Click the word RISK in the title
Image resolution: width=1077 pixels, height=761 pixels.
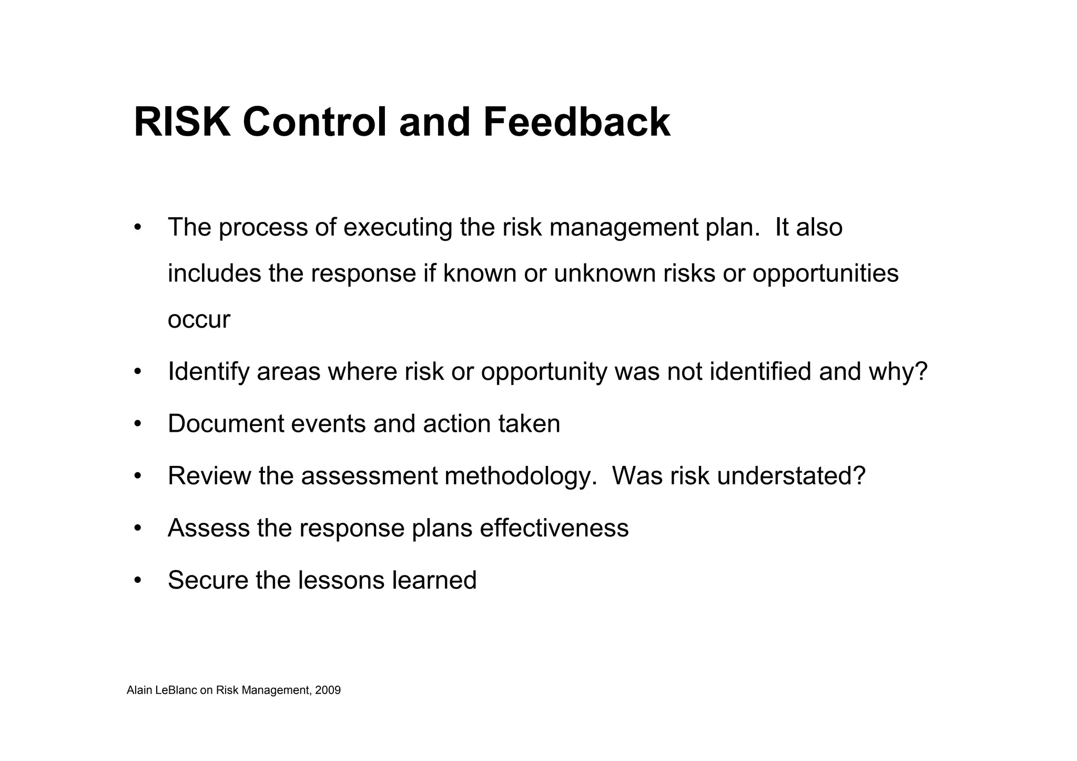182,122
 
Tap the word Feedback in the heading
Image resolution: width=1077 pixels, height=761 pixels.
576,122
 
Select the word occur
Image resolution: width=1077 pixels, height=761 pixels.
199,320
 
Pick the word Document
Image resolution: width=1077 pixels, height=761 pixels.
226,424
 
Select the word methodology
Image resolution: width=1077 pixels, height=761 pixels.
521,476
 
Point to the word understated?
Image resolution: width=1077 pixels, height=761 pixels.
791,476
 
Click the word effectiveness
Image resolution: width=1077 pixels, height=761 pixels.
554,528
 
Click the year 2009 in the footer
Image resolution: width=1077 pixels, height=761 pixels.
328,691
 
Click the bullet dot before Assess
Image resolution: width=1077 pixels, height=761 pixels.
138,528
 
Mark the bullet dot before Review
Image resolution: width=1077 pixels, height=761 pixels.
138,476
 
